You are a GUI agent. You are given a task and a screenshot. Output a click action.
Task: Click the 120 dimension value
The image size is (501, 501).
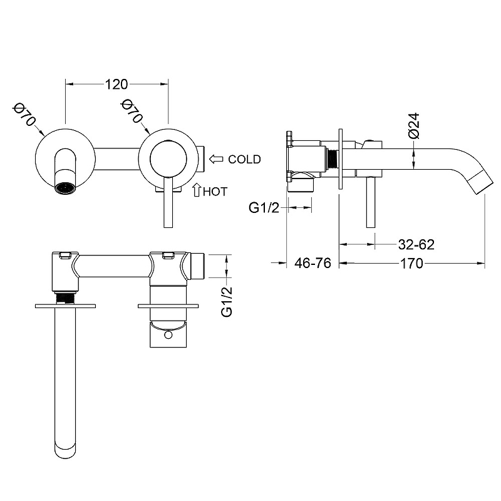click(x=116, y=83)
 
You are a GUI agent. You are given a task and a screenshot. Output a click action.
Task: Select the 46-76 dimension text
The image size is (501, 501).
click(x=312, y=264)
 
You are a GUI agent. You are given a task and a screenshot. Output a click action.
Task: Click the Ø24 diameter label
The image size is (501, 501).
click(x=413, y=126)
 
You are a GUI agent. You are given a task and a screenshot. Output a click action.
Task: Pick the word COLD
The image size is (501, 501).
click(x=244, y=159)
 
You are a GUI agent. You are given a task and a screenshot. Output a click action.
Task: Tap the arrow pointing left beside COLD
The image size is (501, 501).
click(x=216, y=159)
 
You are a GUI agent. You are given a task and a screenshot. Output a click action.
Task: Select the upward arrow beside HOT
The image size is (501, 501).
click(x=196, y=190)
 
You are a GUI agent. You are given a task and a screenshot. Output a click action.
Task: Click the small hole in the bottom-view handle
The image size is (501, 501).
click(x=168, y=336)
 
